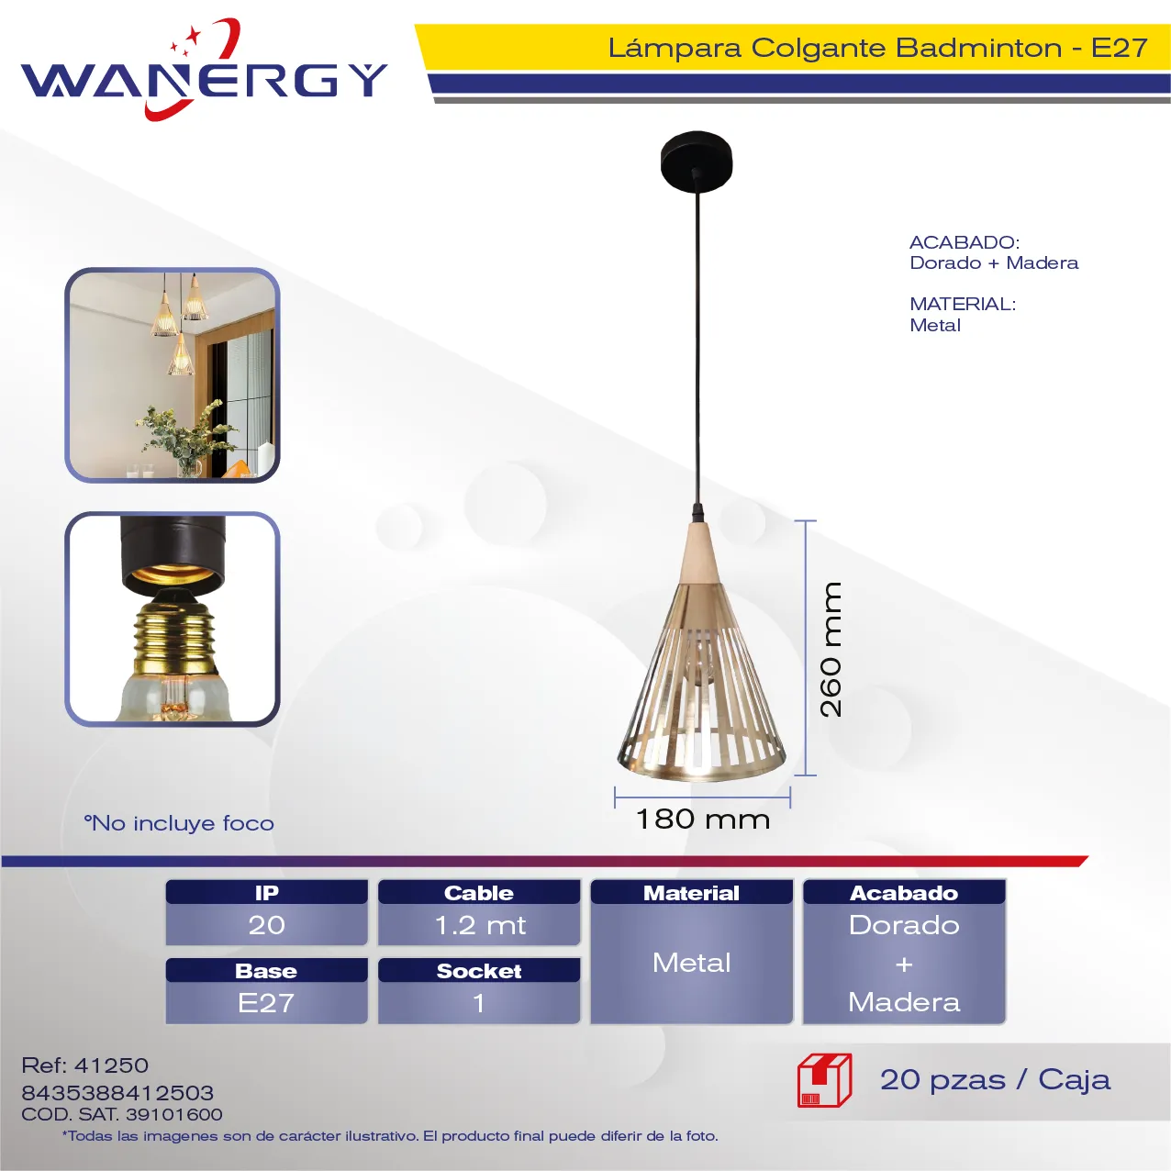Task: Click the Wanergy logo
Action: click(204, 70)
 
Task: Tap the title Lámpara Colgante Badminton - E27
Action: click(877, 48)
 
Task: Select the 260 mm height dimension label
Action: click(831, 649)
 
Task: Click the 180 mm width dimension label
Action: click(702, 820)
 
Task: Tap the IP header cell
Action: click(267, 892)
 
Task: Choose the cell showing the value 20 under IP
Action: click(267, 925)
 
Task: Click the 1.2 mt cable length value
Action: click(479, 925)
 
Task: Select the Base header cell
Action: click(267, 970)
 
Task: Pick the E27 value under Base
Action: click(267, 1003)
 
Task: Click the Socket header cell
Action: click(479, 970)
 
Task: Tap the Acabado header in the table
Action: click(904, 892)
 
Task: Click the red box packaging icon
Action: click(825, 1080)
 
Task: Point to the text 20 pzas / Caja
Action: click(996, 1080)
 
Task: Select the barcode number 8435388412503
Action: click(117, 1093)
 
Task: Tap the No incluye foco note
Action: click(179, 823)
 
